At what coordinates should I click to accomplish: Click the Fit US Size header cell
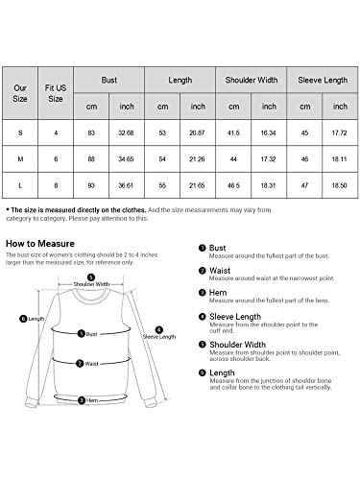[57, 92]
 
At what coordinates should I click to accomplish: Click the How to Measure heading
[37, 245]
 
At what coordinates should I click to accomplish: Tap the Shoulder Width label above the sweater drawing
[92, 284]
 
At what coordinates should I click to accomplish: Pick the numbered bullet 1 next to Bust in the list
[203, 248]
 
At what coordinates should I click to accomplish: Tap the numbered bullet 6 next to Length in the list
[203, 372]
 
